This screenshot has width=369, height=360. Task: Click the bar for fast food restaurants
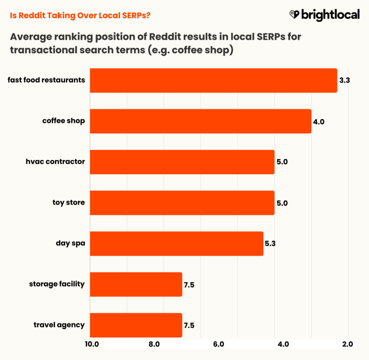coord(213,80)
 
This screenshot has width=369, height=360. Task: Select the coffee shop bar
coord(200,121)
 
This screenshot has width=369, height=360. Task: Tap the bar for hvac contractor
coord(182,162)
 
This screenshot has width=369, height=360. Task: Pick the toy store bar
coord(182,203)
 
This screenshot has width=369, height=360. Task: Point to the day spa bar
coord(176,243)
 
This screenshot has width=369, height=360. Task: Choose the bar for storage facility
coord(136,284)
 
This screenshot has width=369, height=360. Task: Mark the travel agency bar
coord(136,325)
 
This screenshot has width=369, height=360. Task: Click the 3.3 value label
coord(345,80)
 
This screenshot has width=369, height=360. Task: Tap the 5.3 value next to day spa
coord(270,243)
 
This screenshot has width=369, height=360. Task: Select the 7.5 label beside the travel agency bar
coord(189,325)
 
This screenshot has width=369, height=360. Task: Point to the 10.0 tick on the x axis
coord(91,344)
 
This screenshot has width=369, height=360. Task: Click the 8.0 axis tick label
coord(154,344)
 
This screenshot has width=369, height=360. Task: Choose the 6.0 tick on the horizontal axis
coord(219,344)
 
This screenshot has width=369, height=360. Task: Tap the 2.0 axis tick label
coord(348,344)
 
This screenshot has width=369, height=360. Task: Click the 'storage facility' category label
coord(57,284)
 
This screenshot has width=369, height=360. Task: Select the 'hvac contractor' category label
coord(55,162)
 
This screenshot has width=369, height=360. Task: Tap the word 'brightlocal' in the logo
coord(330,15)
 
